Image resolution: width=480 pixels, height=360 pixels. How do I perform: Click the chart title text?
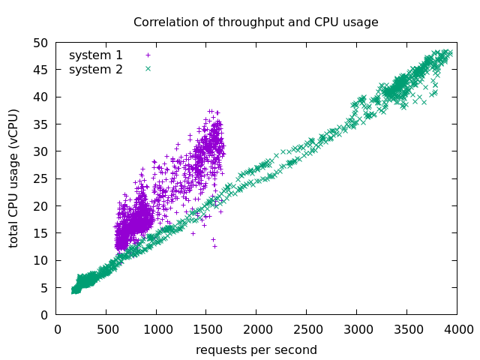point(256,22)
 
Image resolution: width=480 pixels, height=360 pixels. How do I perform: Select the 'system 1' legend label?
point(96,55)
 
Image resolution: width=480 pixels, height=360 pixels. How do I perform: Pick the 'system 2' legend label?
point(96,70)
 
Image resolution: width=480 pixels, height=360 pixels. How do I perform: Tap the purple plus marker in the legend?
point(148,55)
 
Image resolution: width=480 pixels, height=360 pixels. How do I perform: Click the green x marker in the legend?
point(148,69)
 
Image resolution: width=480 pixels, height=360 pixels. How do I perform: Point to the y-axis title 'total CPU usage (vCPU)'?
point(14,178)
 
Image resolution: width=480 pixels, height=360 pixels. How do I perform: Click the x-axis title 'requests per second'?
point(256,350)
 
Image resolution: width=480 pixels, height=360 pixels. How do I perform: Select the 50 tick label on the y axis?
point(42,43)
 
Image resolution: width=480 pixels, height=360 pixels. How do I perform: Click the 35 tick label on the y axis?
point(42,124)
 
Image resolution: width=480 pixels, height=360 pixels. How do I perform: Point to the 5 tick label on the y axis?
point(45,288)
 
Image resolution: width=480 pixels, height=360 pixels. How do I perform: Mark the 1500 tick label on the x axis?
point(205,328)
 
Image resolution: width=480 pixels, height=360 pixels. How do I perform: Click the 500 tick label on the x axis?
point(106,328)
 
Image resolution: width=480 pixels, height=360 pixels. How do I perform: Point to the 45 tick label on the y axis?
point(42,70)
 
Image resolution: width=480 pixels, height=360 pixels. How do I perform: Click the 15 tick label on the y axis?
point(42,233)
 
